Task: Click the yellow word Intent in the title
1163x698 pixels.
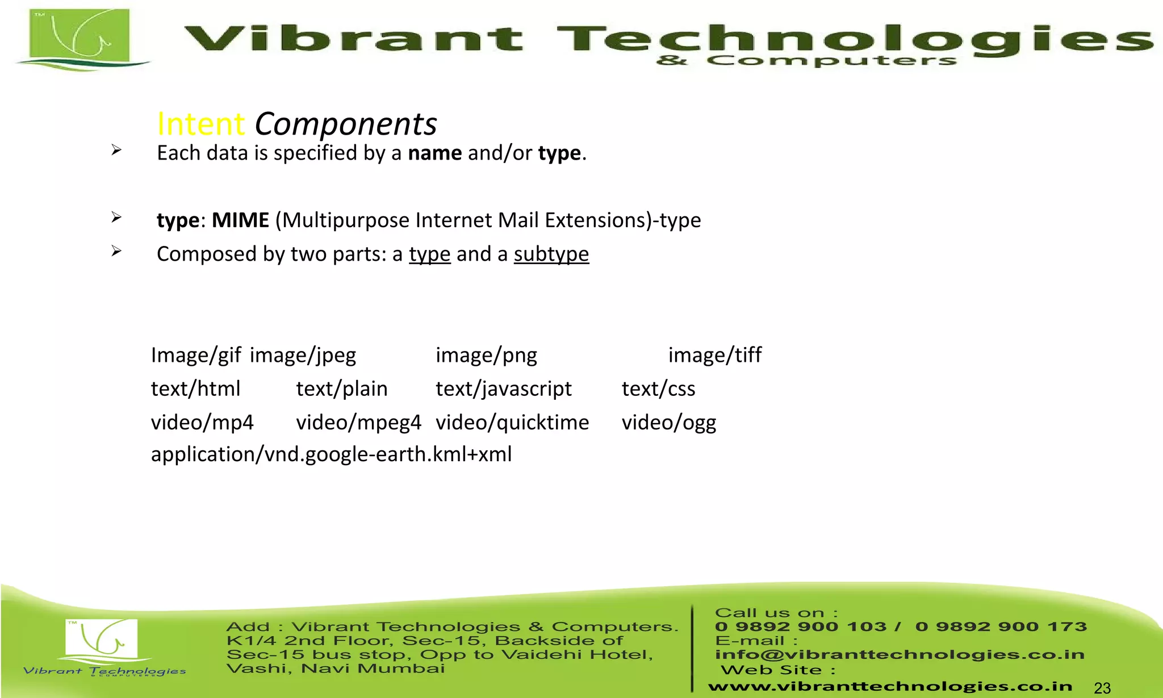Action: (200, 124)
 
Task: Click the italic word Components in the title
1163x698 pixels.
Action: (345, 124)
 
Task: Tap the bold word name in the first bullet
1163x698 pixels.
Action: (435, 153)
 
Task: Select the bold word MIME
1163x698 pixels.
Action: (240, 220)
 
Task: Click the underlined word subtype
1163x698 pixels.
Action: (551, 254)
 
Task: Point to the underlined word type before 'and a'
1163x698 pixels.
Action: (429, 254)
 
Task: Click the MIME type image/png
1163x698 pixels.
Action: (486, 355)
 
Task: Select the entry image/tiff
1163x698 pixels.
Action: (714, 355)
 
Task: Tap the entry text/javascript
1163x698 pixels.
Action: (504, 389)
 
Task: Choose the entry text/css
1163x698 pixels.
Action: (658, 389)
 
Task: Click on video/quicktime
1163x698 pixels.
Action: (512, 423)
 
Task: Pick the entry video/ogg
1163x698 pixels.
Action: (669, 423)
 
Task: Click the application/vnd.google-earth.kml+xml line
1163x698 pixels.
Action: (331, 454)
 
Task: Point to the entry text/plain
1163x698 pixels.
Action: (342, 389)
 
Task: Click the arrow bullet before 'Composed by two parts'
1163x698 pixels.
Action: (116, 251)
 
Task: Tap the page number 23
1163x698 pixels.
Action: (1102, 688)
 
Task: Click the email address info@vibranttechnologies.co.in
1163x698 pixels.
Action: (900, 655)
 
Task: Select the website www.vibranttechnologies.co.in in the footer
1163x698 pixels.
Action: (890, 687)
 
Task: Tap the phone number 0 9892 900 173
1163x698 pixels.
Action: (1001, 627)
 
